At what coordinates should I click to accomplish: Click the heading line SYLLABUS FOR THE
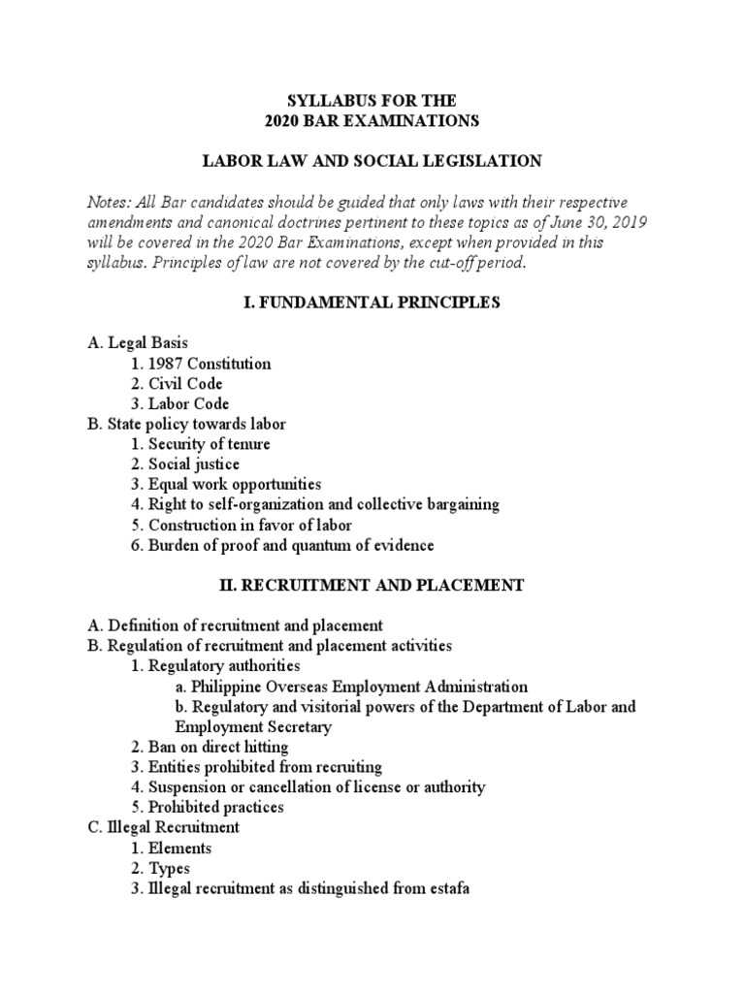click(372, 100)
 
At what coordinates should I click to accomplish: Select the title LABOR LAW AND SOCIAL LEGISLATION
click(372, 160)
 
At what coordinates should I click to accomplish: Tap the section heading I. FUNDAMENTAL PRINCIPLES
click(372, 304)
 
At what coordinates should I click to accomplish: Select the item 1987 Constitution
click(209, 364)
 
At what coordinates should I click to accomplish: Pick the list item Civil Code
click(190, 384)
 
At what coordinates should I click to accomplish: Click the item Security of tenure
click(209, 444)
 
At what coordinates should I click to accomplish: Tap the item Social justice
click(195, 464)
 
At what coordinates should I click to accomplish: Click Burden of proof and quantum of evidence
click(290, 545)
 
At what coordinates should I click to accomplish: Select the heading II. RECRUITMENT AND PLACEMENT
click(372, 586)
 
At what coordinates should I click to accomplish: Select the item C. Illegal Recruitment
click(163, 828)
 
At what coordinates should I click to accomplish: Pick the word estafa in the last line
click(447, 888)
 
